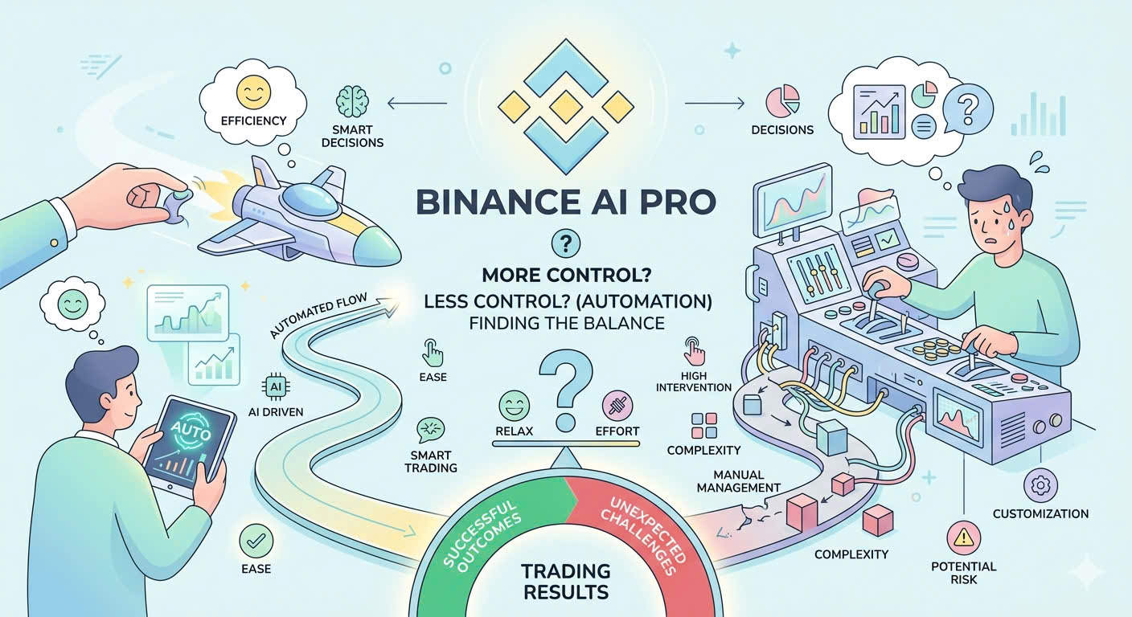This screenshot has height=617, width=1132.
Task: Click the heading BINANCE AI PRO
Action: click(565, 201)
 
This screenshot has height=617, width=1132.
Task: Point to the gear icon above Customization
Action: click(1041, 485)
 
